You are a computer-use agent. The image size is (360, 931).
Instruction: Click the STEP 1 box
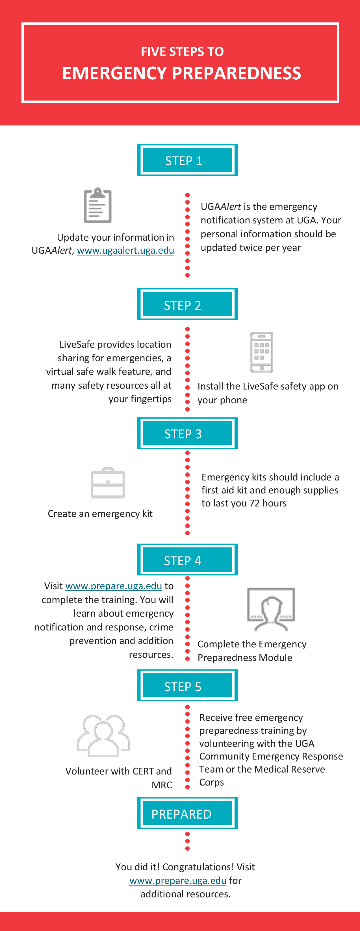[x=187, y=160]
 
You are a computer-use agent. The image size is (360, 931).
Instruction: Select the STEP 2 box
[x=187, y=304]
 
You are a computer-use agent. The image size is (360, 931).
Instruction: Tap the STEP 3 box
[x=187, y=433]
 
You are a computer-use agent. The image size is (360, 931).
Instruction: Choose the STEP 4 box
[x=187, y=560]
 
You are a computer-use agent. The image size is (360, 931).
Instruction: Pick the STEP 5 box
[x=187, y=685]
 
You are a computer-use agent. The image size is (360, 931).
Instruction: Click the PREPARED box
[x=187, y=813]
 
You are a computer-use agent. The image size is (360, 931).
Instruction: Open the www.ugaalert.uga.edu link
[x=125, y=251]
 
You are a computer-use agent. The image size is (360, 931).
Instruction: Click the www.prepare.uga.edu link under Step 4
[x=114, y=586]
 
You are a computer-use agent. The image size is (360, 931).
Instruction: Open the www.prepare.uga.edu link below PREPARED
[x=178, y=880]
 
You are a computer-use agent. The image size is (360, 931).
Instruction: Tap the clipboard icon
[x=97, y=205]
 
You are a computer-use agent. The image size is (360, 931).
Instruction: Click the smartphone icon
[x=262, y=352]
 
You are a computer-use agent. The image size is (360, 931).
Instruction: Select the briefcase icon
[x=108, y=482]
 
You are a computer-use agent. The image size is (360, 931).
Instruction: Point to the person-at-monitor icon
[x=271, y=609]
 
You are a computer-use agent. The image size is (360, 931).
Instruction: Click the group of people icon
[x=104, y=736]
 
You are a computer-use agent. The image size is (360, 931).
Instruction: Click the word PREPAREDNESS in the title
[x=237, y=73]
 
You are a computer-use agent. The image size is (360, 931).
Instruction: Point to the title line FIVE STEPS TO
[x=182, y=52]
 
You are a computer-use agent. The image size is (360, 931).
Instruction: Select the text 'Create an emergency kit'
[x=100, y=514]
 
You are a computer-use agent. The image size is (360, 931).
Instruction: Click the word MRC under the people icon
[x=162, y=785]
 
